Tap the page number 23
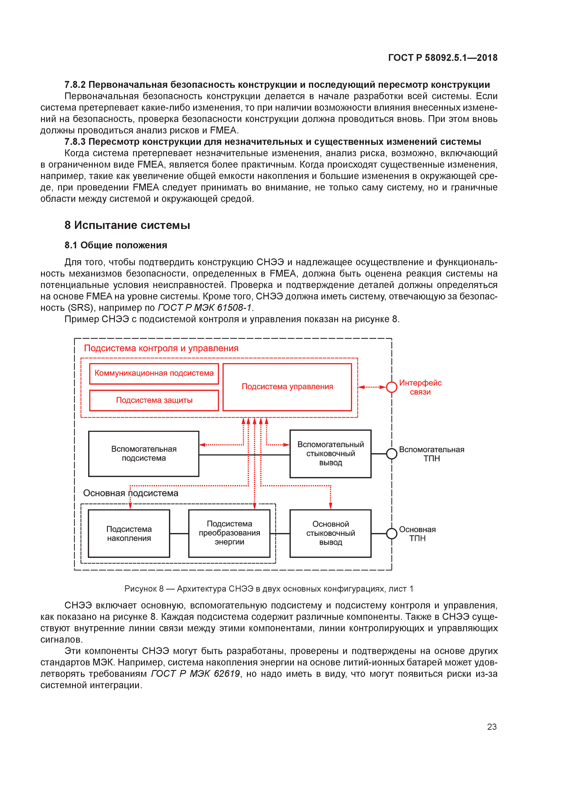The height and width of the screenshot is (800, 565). coord(492,727)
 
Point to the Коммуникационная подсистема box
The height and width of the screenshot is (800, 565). coord(154,374)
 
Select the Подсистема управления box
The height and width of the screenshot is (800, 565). coord(287,387)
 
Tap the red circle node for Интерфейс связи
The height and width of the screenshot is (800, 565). coord(392,387)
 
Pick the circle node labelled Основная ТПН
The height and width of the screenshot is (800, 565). coord(392,533)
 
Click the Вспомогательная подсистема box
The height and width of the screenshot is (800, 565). coord(144,454)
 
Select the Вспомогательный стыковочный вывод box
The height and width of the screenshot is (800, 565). coord(330,454)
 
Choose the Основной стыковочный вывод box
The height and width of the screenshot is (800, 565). coord(330,533)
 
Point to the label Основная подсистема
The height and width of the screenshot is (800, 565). coord(131,493)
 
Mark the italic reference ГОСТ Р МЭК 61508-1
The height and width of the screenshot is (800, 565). coord(205,308)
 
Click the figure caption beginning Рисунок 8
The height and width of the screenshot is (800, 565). coord(269,589)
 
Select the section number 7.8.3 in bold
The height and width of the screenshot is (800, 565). coord(75,142)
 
